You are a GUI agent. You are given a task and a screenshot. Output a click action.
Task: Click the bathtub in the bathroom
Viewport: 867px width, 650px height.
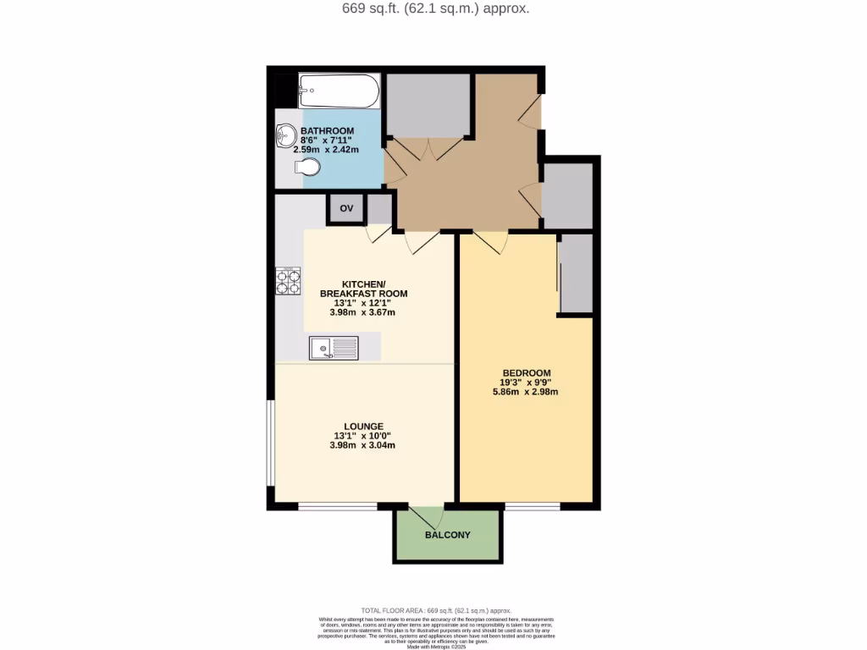pos(339,91)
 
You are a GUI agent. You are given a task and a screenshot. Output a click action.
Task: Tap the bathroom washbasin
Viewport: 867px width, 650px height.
pos(285,135)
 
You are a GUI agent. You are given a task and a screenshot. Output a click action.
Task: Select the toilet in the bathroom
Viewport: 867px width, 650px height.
pos(310,168)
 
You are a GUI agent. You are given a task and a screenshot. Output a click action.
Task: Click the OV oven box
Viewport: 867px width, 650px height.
pos(346,208)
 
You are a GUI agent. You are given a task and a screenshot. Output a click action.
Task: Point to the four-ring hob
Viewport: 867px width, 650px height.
pos(288,280)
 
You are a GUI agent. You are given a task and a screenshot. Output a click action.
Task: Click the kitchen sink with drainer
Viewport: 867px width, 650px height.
pos(334,347)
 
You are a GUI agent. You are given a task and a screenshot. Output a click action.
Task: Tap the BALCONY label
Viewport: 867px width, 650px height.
pos(448,535)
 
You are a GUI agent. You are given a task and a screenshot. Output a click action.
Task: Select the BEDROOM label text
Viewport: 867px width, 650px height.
pos(527,373)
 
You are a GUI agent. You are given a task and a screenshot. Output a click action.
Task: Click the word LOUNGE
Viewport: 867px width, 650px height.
pos(363,427)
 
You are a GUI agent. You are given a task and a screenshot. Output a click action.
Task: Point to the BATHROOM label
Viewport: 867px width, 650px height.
pos(327,131)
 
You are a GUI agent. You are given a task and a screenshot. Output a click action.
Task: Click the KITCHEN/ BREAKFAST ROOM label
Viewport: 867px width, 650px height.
pos(363,289)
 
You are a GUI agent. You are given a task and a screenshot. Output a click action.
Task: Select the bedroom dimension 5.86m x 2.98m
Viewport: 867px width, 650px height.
pos(527,392)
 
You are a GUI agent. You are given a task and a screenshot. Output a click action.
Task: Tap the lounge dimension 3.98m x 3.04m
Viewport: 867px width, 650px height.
pos(363,445)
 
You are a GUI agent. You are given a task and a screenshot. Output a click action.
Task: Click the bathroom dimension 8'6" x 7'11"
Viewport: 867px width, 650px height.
pos(327,140)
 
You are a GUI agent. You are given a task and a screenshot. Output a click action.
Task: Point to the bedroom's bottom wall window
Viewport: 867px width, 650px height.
pos(533,506)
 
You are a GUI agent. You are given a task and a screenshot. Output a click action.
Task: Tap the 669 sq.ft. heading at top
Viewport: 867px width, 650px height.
pos(433,9)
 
